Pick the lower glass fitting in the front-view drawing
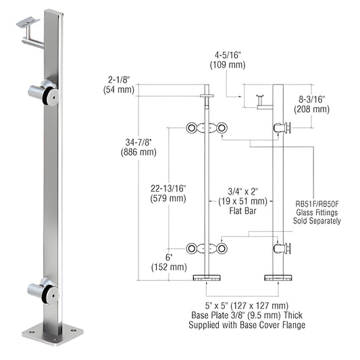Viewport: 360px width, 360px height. coord(207,249)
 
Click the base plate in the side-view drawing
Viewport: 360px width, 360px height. coord(278,278)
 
